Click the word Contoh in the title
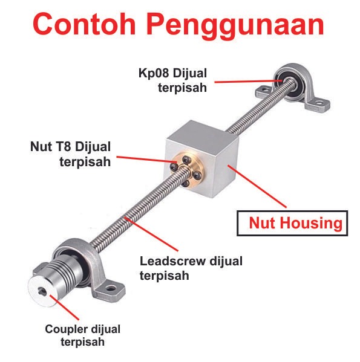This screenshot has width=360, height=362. pyautogui.click(x=84, y=24)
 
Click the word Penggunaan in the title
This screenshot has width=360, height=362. pyautogui.click(x=235, y=26)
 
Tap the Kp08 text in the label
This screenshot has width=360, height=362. pyautogui.click(x=154, y=73)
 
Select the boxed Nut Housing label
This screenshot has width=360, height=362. pyautogui.click(x=292, y=223)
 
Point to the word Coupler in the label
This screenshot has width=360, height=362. pyautogui.click(x=66, y=330)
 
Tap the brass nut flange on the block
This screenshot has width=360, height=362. pyautogui.click(x=188, y=170)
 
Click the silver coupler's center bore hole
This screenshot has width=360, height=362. pyautogui.click(x=42, y=292)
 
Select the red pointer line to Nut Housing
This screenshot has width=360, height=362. pyautogui.click(x=257, y=186)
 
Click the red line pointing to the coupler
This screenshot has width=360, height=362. pyautogui.click(x=64, y=307)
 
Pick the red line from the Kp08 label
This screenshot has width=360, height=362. pyautogui.click(x=249, y=81)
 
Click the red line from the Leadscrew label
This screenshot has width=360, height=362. pyautogui.click(x=151, y=234)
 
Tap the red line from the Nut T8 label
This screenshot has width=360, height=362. pyautogui.click(x=146, y=160)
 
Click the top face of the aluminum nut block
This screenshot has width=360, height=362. pyautogui.click(x=203, y=133)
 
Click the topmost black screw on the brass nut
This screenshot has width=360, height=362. pyautogui.click(x=186, y=160)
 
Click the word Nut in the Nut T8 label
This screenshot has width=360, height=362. pyautogui.click(x=41, y=147)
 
